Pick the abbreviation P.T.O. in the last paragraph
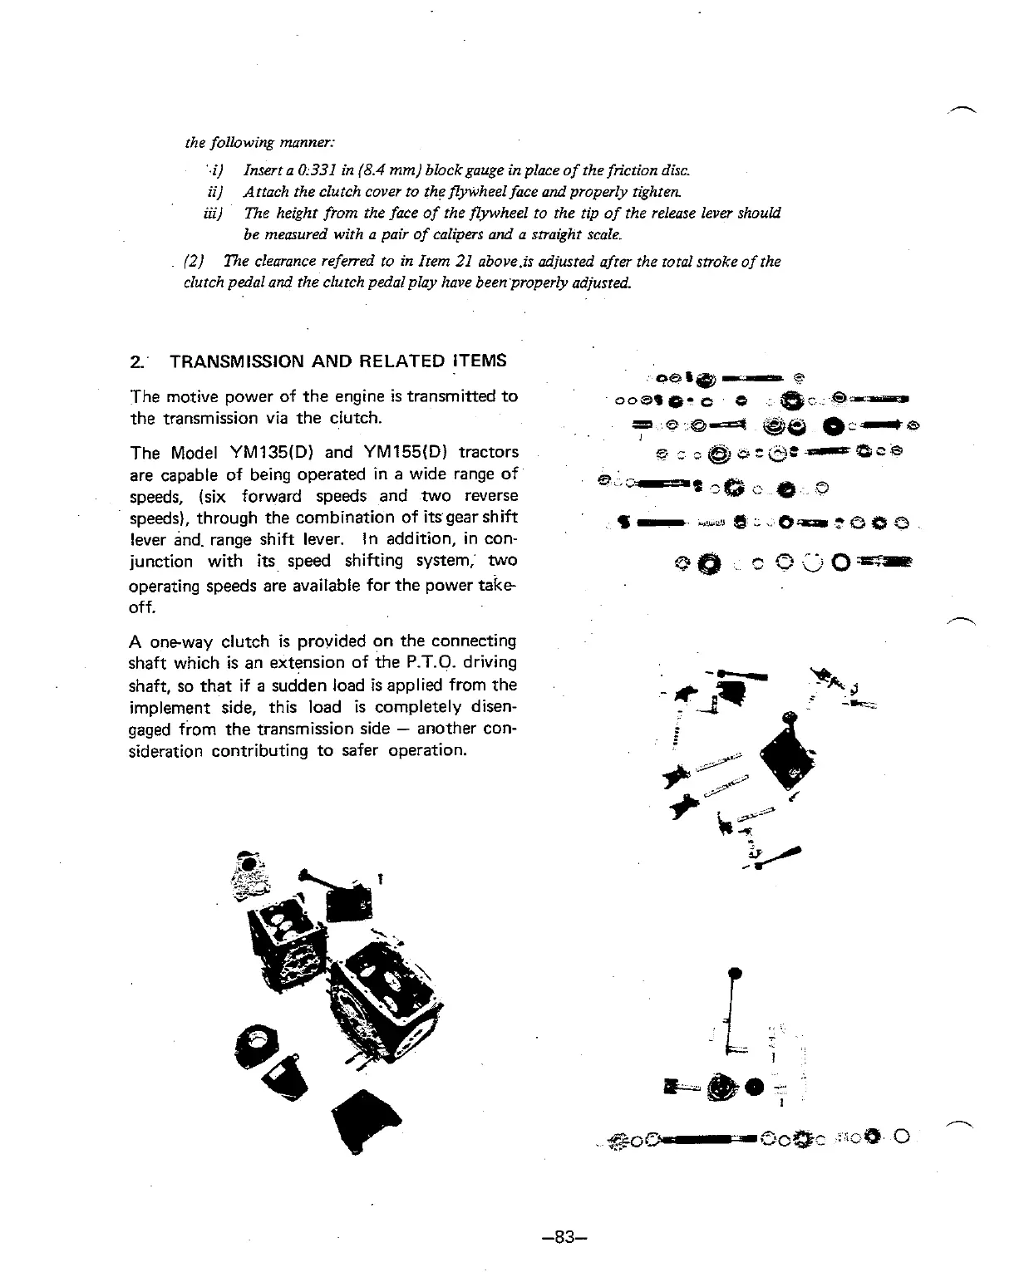coord(457,663)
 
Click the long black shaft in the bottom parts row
coord(702,1137)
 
